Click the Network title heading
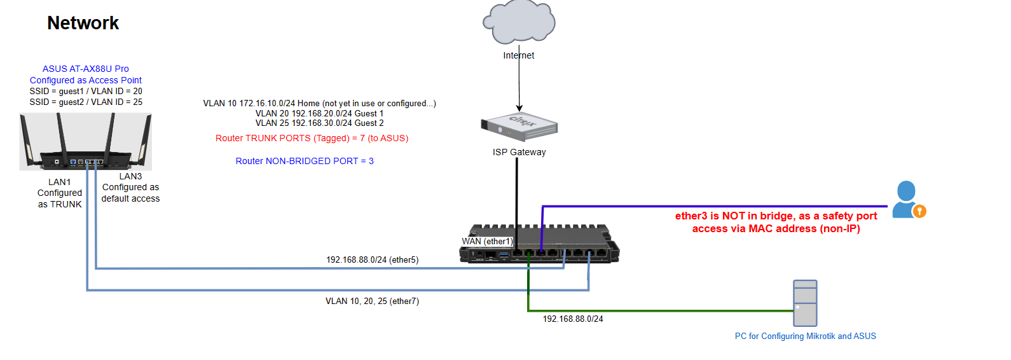tap(83, 23)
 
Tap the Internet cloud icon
tap(519, 22)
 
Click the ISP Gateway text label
tap(519, 152)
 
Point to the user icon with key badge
tap(907, 200)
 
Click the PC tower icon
tap(805, 303)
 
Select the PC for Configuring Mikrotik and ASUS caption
tap(805, 336)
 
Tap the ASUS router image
tap(86, 142)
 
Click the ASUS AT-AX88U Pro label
tap(86, 69)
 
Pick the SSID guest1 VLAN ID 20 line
tap(86, 91)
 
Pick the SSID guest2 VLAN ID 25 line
tap(86, 102)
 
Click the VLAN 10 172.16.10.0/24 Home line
tap(319, 103)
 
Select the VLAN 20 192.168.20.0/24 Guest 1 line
tap(319, 113)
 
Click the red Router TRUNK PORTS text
tap(312, 138)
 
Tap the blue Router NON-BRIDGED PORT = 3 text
tap(305, 161)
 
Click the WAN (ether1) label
tap(487, 241)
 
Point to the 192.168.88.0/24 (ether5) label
tap(372, 260)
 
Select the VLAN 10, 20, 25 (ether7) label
tap(372, 301)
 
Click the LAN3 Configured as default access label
tap(130, 188)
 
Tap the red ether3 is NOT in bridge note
tap(776, 222)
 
